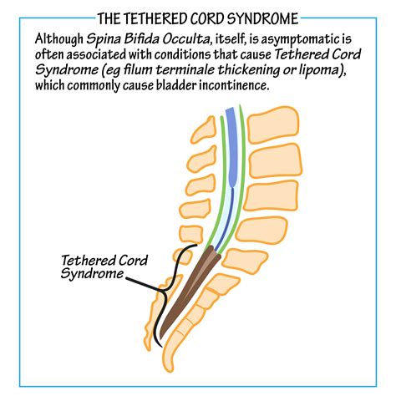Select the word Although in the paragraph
(x=63, y=38)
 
